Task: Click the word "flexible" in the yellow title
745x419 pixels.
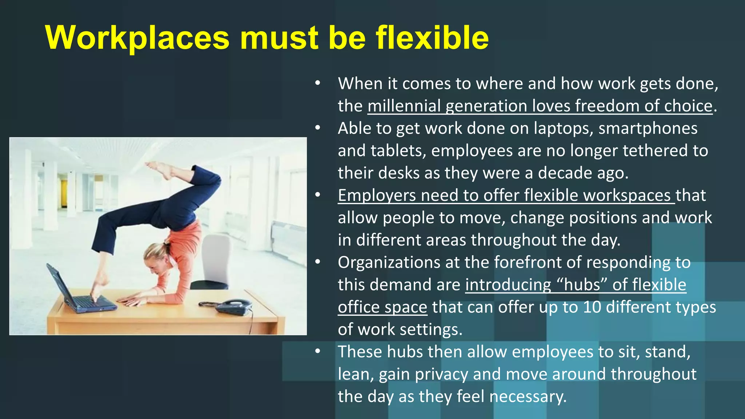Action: click(432, 37)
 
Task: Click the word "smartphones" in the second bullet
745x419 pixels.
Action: click(648, 128)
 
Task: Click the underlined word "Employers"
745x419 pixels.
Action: click(377, 195)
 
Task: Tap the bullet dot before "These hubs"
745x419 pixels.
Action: click(318, 351)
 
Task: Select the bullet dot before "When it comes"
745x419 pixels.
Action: click(318, 83)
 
